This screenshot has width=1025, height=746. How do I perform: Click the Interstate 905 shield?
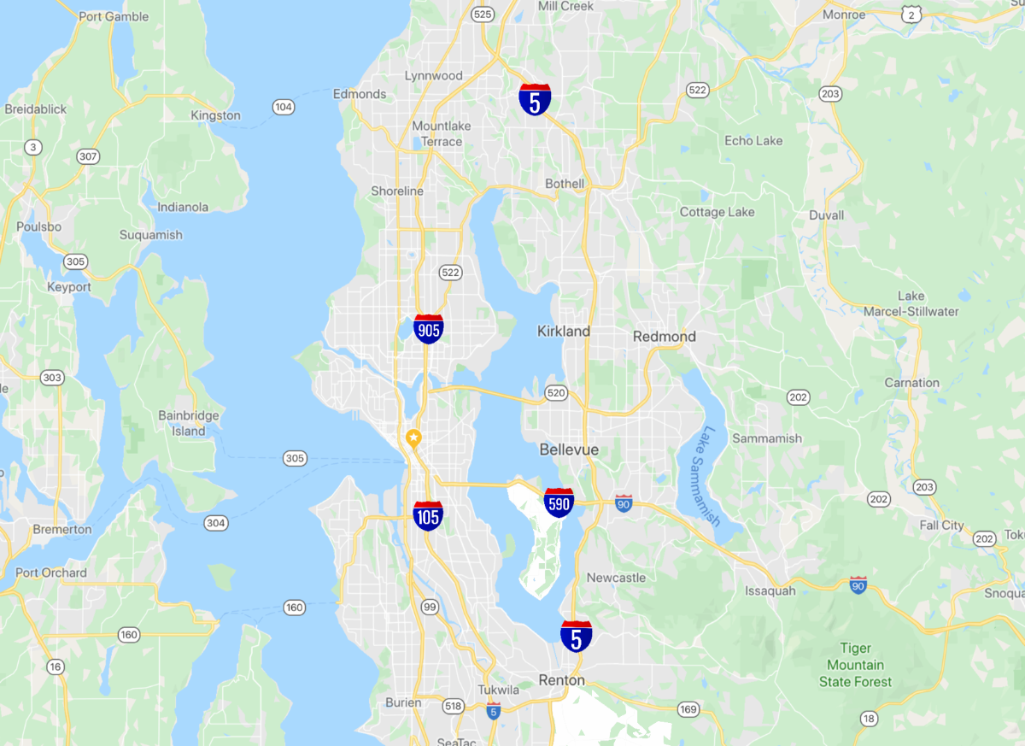[428, 328]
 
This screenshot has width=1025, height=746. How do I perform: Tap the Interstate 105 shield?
[428, 515]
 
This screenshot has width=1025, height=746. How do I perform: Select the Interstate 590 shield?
[559, 503]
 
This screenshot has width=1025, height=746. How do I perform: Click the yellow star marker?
[413, 438]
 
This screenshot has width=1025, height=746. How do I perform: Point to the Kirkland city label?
[564, 331]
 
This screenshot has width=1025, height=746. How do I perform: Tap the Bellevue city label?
[569, 449]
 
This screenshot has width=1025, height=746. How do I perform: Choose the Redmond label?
[665, 337]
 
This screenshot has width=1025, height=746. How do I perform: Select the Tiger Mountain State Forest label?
[855, 665]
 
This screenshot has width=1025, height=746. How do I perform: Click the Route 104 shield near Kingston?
[284, 107]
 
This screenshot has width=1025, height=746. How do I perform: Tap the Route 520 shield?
[556, 393]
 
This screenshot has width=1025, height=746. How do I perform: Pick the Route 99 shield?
[430, 607]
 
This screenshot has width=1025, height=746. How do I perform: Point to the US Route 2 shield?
[912, 15]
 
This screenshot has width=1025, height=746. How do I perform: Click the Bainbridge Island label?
[189, 424]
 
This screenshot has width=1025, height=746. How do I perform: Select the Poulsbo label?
[38, 227]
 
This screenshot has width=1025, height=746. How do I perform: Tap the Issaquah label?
[770, 591]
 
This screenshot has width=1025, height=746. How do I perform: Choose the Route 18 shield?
[869, 719]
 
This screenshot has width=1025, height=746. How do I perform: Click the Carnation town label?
[911, 383]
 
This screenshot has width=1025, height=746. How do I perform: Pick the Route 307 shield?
[88, 156]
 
